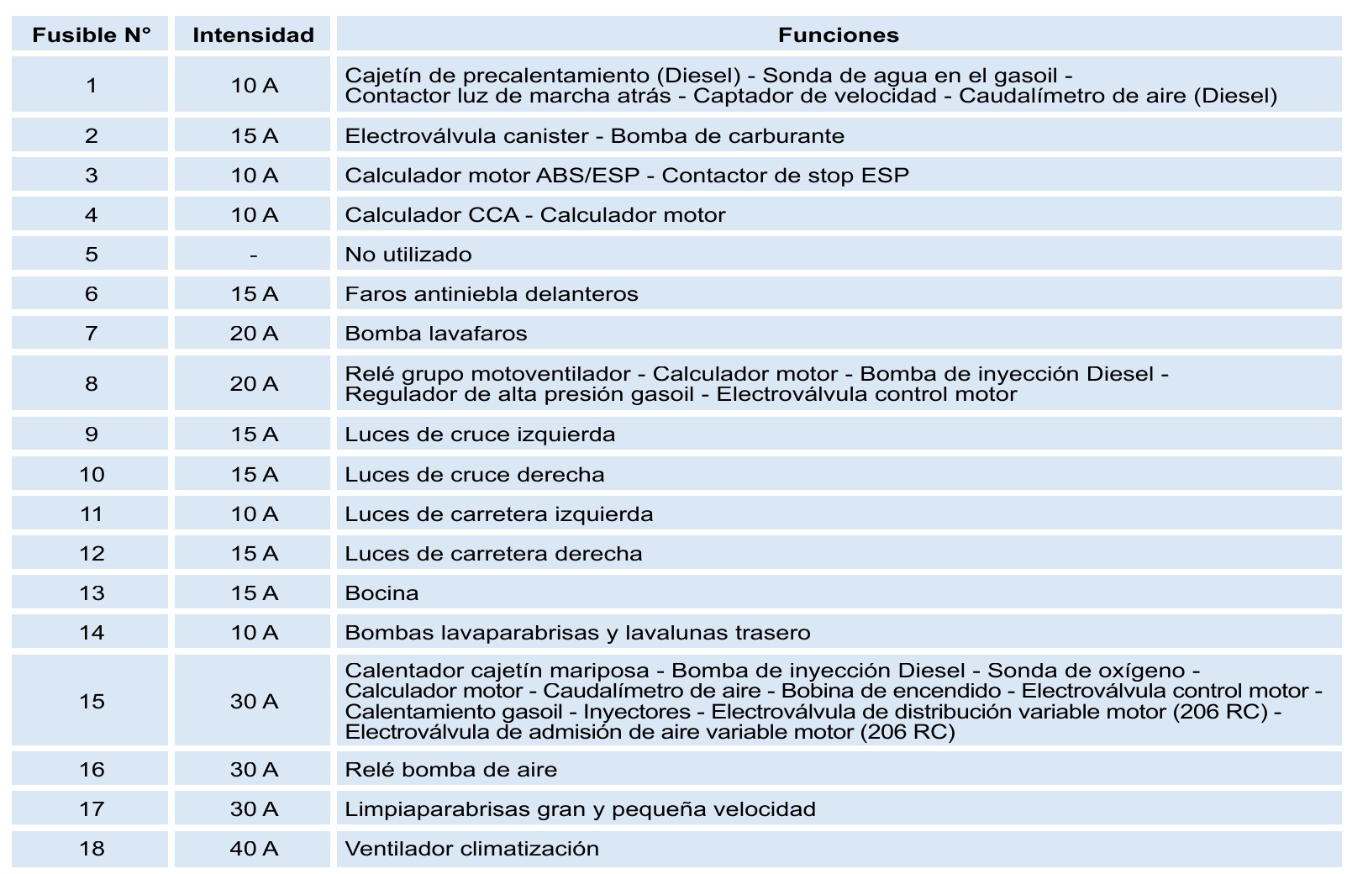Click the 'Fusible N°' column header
91,35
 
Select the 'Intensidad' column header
253,35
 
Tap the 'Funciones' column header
838,35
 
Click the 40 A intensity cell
254,849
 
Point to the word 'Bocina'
381,593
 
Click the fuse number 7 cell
91,334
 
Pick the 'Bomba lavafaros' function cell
436,334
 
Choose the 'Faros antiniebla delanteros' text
492,294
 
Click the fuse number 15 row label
91,702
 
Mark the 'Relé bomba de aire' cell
451,770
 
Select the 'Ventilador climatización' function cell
472,849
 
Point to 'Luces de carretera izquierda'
499,514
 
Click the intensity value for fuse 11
254,514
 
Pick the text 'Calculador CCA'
432,215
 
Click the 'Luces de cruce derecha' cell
475,475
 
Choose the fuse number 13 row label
91,593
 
